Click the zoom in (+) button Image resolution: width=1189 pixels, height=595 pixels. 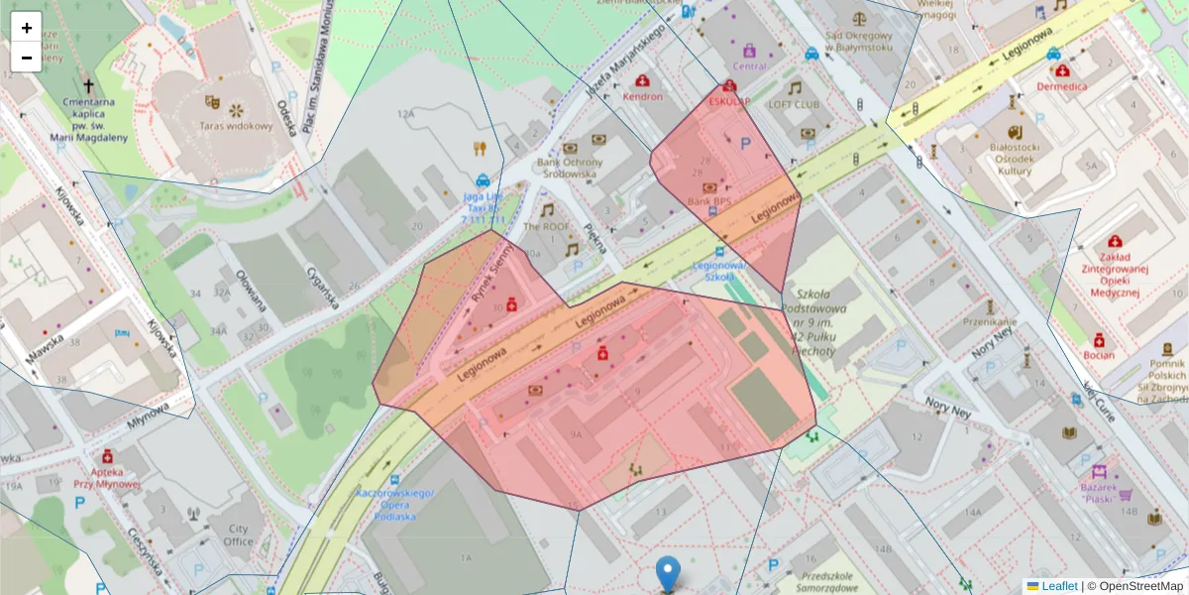point(27,28)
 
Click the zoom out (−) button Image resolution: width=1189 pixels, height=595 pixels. point(27,58)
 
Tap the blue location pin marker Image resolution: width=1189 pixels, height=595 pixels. point(669,573)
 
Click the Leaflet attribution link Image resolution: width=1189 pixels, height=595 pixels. point(1058,586)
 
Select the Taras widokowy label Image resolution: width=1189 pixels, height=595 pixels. point(235,126)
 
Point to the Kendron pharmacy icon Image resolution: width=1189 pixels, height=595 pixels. point(642,80)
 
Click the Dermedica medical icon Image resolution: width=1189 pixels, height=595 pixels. point(1062,70)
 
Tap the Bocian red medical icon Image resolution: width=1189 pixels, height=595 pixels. point(1099,339)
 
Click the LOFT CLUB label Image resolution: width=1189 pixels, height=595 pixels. point(794,104)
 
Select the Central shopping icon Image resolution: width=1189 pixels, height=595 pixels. point(749,51)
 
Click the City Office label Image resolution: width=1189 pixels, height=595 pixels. point(238,535)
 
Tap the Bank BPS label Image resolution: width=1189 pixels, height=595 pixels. point(709,203)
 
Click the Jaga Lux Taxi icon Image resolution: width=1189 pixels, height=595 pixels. point(482,180)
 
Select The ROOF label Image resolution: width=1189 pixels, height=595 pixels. point(546,226)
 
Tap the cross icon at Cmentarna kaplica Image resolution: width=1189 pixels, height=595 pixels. point(89,86)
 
